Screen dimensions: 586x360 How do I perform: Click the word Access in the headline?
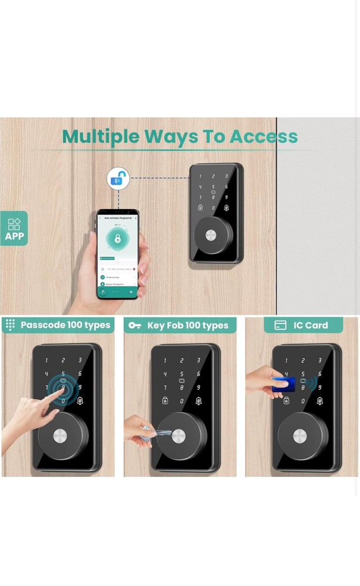coord(263,137)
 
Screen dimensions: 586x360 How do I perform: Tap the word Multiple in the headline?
coord(100,137)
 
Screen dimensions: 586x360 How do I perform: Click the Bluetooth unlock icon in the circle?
coord(118,179)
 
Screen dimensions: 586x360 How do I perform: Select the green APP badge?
coord(14,229)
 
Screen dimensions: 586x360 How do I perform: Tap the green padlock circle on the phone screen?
coord(118,239)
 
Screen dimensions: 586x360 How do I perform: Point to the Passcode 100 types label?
coord(65,325)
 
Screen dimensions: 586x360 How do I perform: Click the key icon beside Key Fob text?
coord(135,325)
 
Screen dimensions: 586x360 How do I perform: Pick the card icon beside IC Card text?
coord(280,325)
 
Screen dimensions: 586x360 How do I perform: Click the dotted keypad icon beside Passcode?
coord(10,325)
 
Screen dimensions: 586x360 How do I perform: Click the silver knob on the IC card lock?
coord(299,437)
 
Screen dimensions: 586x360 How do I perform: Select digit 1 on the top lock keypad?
coord(200,176)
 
